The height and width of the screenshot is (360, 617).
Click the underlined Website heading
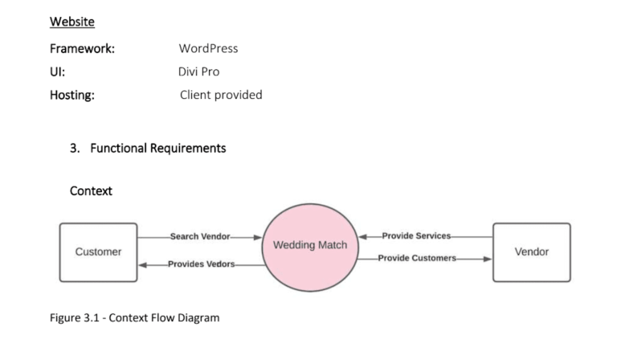point(72,21)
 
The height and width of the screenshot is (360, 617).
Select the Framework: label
point(82,48)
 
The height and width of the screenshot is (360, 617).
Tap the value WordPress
point(208,48)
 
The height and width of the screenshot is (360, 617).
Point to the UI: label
point(57,72)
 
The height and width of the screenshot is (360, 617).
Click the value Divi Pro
point(198,72)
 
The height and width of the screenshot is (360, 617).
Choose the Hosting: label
point(72,95)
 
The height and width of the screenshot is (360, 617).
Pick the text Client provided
point(221,95)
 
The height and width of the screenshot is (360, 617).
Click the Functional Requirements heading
point(157,148)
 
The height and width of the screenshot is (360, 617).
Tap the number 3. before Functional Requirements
point(76,148)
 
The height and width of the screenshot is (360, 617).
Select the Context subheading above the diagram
point(91,191)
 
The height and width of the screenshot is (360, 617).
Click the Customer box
point(99,252)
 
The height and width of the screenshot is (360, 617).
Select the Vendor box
point(531,252)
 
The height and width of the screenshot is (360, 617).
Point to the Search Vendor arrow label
point(200,237)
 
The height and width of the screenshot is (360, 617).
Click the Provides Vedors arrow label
point(201,264)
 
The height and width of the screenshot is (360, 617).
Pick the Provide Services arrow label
point(416,236)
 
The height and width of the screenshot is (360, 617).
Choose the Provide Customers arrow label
point(417,259)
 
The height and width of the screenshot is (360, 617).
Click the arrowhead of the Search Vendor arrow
point(258,237)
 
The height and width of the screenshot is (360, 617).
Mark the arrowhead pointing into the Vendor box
point(488,259)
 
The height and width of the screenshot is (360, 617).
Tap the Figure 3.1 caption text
point(135,317)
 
